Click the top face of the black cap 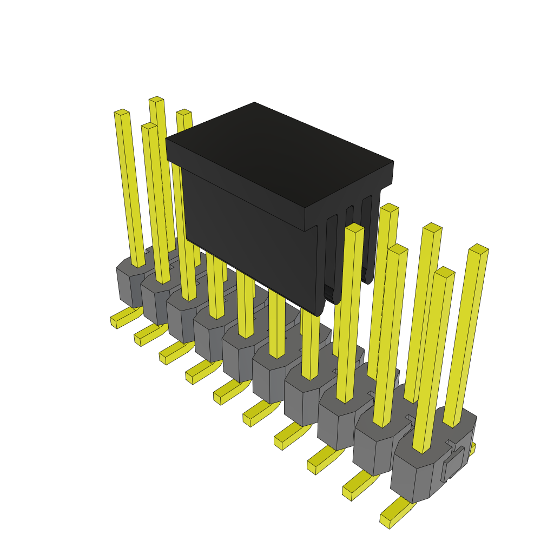[279, 151]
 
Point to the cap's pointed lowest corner [319, 314]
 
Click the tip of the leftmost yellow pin [122, 113]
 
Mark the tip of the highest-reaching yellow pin [156, 100]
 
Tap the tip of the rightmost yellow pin [479, 249]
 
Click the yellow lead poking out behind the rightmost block [472, 449]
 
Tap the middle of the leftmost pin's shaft [130, 189]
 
